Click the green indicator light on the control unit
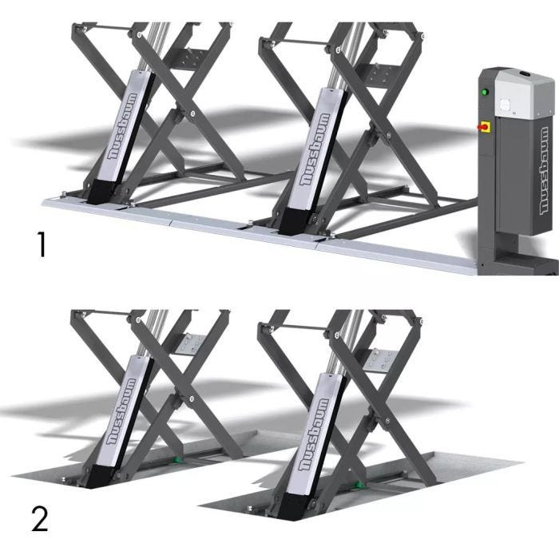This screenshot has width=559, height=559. click(x=484, y=92)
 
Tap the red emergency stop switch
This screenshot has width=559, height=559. click(x=484, y=126)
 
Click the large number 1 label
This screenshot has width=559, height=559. click(x=42, y=244)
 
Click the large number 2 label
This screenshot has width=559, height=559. click(x=40, y=519)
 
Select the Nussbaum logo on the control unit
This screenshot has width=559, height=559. click(x=544, y=170)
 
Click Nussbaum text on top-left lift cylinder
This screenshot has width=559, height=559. click(x=123, y=126)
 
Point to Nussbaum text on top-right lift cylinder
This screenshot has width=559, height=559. click(x=315, y=150)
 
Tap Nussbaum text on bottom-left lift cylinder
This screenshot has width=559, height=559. click(x=121, y=412)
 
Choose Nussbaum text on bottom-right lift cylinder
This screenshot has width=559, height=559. click(x=313, y=434)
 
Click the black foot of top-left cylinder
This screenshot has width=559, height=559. click(x=101, y=192)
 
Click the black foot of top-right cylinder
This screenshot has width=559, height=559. click(x=293, y=221)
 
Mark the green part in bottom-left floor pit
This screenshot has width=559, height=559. click(x=176, y=460)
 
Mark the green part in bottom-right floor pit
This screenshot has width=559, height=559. click(x=360, y=485)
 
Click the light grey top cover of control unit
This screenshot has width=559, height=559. click(x=525, y=93)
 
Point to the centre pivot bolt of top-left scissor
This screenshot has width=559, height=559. click(x=192, y=113)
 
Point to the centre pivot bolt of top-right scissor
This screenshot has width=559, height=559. click(x=388, y=135)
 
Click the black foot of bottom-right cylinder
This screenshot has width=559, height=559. click(x=291, y=506)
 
